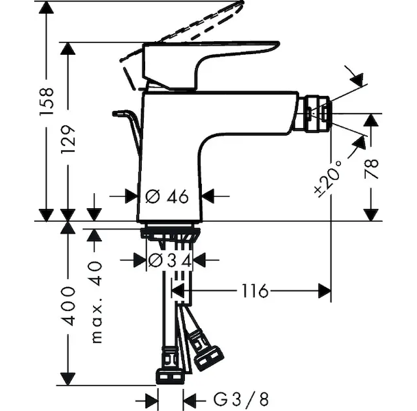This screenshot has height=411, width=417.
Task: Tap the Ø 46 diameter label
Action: tap(167, 196)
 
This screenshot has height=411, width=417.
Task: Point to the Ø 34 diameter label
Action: tap(168, 260)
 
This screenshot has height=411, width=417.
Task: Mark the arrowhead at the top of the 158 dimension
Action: tap(46, 6)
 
